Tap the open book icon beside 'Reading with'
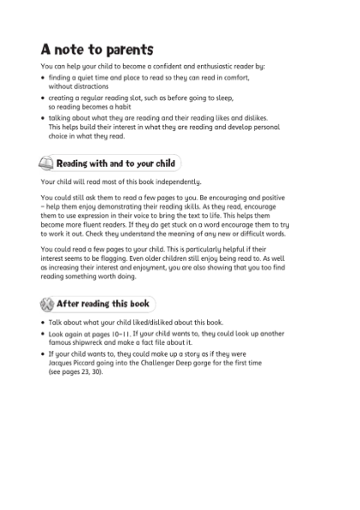[47, 163]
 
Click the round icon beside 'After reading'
[47, 303]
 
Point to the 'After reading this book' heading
[103, 303]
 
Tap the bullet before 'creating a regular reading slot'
[43, 98]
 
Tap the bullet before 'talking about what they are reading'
[43, 118]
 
